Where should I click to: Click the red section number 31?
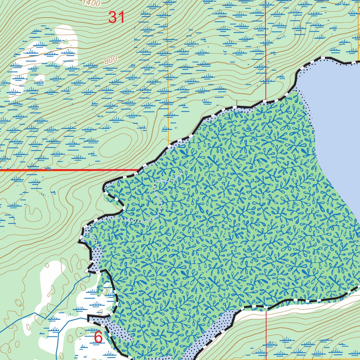coord(116,17)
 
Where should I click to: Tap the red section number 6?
coord(98,337)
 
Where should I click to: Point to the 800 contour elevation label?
coord(110,60)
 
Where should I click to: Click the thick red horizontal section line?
coord(70,170)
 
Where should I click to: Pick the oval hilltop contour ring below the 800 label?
coord(116,148)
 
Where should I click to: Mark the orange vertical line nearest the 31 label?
coord(168,70)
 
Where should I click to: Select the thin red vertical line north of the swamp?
coord(266,53)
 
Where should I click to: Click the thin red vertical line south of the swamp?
coord(266,334)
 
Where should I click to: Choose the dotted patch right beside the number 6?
coord(116,329)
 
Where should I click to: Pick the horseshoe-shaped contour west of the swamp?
coord(33,211)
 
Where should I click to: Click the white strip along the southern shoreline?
coord(299,309)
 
